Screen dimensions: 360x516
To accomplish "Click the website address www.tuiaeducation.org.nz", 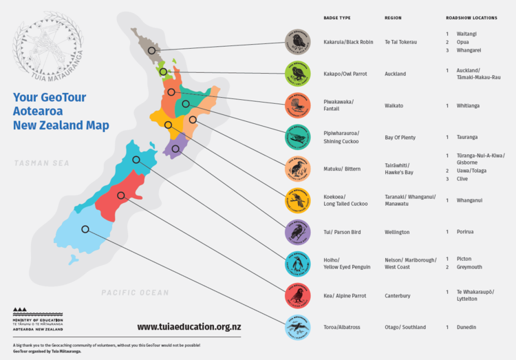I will pos(189,326).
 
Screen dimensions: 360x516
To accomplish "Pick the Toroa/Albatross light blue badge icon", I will pos(298,328).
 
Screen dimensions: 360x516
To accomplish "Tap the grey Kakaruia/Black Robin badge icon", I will pos(298,42).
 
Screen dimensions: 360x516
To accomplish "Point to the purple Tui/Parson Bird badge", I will pos(298,233).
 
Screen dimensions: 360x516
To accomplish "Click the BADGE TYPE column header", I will pos(337,17).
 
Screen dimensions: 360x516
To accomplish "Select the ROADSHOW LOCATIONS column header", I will pos(471,17).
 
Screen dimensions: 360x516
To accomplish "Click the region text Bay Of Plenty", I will pos(400,137).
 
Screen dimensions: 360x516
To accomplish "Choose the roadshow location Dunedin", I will pos(468,327).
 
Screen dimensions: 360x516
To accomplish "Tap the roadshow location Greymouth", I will pos(469,267).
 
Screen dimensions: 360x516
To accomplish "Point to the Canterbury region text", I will pos(397,296).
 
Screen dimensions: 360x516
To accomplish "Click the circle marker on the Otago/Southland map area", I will pos(85,229).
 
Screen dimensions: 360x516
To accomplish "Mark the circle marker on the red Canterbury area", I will pos(120,195).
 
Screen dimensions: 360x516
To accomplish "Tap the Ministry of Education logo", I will pos(38,318).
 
